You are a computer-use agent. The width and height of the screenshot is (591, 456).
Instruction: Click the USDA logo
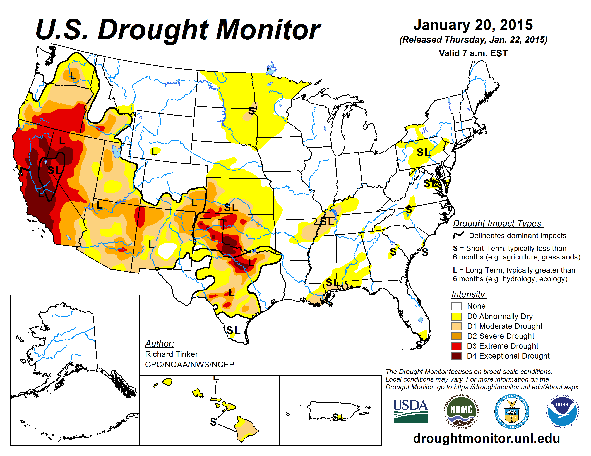[x=410, y=411]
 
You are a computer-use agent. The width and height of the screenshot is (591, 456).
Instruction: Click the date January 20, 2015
[x=473, y=25]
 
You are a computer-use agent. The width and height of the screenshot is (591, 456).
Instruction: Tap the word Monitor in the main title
[x=268, y=30]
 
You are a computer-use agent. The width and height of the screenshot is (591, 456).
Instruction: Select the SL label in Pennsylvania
[x=423, y=153]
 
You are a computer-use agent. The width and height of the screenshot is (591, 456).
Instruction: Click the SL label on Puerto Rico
[x=339, y=417]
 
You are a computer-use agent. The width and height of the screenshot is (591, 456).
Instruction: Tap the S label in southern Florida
[x=419, y=345]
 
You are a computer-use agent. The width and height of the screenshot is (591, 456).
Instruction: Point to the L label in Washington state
[x=72, y=75]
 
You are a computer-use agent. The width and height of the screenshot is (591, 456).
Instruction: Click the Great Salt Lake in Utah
[x=116, y=151]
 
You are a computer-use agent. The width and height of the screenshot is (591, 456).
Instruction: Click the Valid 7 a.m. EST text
[x=473, y=53]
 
